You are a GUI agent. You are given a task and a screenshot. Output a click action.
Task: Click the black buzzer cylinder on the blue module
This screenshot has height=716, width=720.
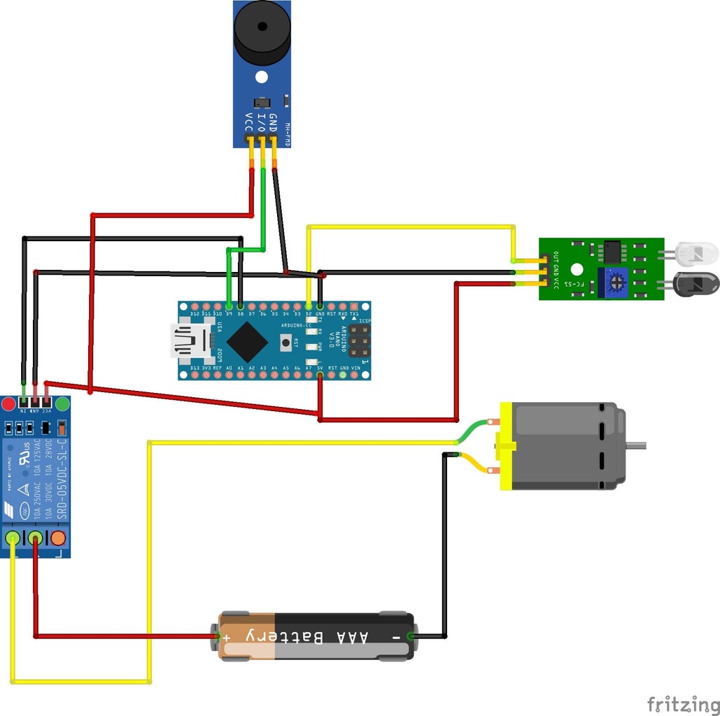(261, 31)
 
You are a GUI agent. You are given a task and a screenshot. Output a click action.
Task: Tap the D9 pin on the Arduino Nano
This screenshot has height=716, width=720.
(228, 306)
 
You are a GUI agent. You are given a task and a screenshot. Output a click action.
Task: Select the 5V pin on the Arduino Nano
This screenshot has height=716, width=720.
(320, 375)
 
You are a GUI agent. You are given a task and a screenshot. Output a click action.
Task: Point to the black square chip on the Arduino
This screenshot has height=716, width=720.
(246, 341)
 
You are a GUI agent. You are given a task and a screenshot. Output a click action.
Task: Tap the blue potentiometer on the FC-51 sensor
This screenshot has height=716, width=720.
(616, 282)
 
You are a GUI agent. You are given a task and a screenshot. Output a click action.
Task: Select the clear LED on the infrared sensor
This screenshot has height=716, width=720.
(696, 252)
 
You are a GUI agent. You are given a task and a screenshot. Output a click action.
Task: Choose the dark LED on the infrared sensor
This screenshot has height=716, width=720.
(696, 283)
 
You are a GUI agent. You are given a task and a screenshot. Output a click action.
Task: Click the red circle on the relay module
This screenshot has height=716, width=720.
(8, 404)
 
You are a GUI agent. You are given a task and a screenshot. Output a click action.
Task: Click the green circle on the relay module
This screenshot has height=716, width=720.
(62, 404)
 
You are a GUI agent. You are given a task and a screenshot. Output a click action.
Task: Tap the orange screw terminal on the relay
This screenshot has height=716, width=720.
(57, 538)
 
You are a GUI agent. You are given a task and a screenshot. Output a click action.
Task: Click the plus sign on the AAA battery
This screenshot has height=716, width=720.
(226, 636)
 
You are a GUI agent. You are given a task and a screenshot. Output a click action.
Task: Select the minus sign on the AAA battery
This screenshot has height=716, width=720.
(396, 636)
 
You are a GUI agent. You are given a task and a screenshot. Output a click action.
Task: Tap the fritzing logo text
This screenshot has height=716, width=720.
(682, 702)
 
